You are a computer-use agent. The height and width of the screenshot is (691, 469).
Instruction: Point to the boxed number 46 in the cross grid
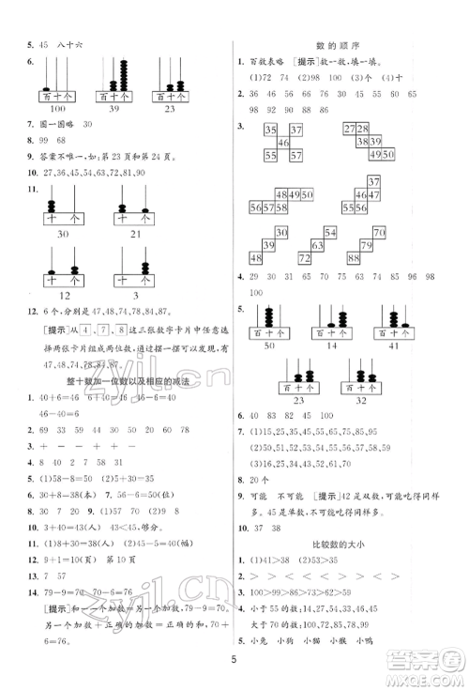[285, 143]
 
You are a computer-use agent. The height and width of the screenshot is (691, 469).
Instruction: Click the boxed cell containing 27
[349, 129]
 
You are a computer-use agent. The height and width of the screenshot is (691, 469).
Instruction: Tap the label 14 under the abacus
[330, 347]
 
